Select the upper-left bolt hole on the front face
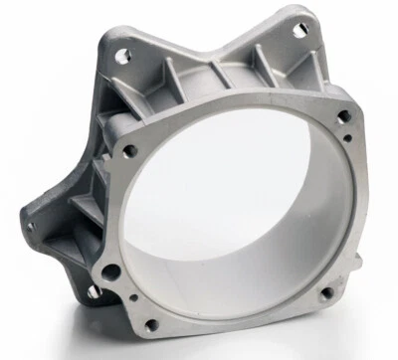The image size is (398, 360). (129, 151)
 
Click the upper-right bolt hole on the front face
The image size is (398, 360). (343, 116)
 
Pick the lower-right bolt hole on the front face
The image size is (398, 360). (318, 294)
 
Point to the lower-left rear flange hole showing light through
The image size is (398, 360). (93, 293)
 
